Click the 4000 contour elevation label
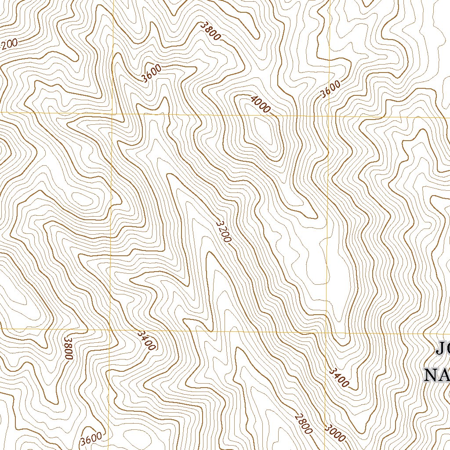[x=260, y=104]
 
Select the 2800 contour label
[x=304, y=423]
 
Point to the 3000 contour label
[x=335, y=433]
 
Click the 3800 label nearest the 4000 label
[x=210, y=31]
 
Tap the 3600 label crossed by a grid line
[x=330, y=89]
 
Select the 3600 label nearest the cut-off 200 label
[x=152, y=73]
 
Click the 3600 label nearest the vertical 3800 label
[x=91, y=439]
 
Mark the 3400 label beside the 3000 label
[x=338, y=377]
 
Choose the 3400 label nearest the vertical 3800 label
[x=146, y=341]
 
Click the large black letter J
[x=441, y=349]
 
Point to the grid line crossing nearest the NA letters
[x=326, y=333]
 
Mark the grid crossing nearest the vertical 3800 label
[x=110, y=329]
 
